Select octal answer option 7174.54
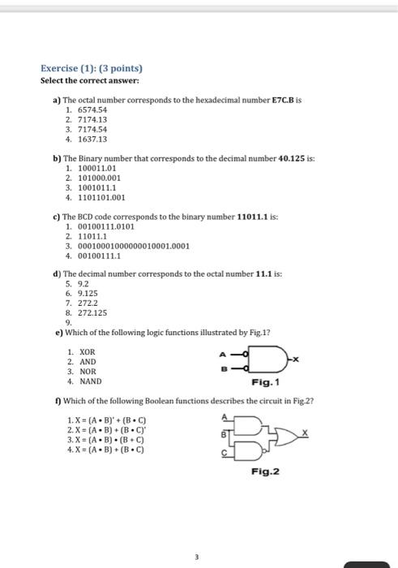pos(91,129)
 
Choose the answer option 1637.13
pos(91,139)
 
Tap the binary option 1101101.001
pos(101,196)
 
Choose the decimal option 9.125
pos(88,295)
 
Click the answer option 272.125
pos(92,312)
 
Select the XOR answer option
pos(87,352)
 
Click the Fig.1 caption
pos(266,382)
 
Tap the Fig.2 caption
pos(266,471)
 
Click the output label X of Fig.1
pos(297,359)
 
